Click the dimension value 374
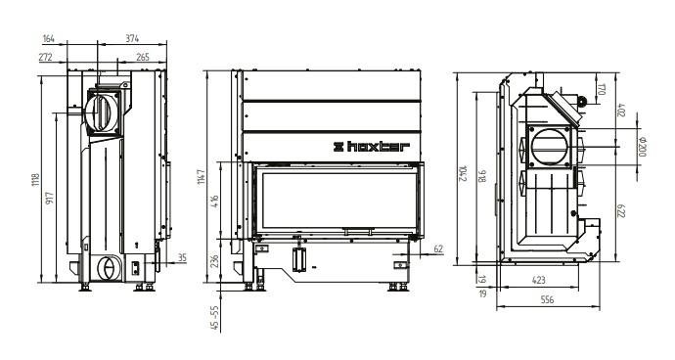(x=132, y=38)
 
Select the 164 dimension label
(x=49, y=39)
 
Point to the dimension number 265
(x=143, y=57)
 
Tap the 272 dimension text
(x=45, y=57)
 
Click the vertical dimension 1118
(x=35, y=180)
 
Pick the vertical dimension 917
(x=50, y=198)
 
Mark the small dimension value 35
(x=182, y=258)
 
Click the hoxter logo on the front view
(x=372, y=147)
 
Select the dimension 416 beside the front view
(x=215, y=202)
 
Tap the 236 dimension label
(x=215, y=261)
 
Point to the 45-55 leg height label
(x=215, y=318)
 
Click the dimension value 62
(x=438, y=248)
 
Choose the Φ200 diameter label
(x=642, y=147)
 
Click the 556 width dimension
(x=547, y=300)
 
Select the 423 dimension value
(x=539, y=281)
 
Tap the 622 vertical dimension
(x=620, y=210)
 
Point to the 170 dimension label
(x=602, y=90)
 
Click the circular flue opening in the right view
(x=550, y=147)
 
